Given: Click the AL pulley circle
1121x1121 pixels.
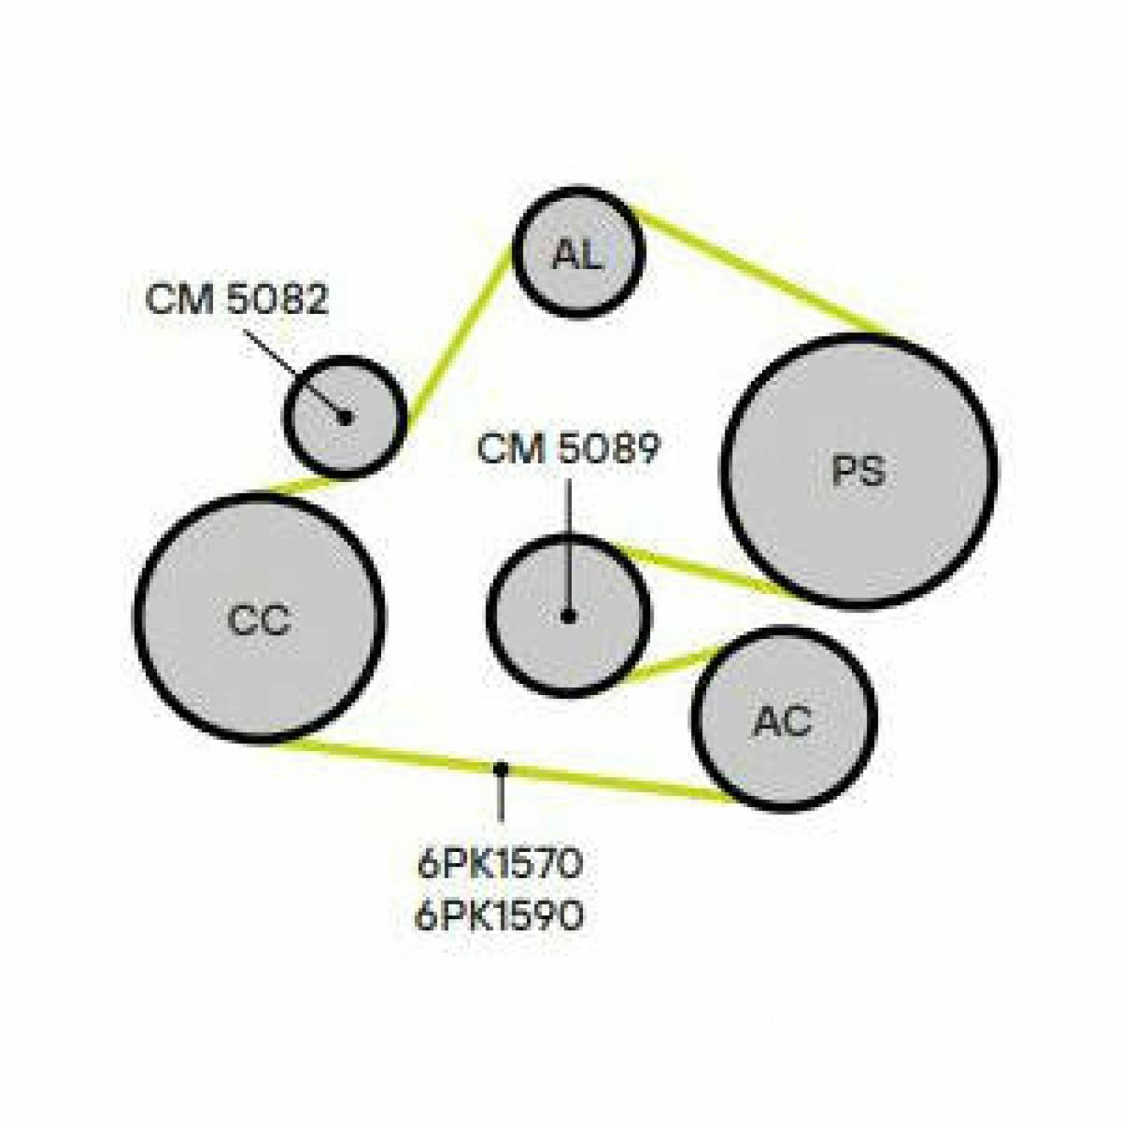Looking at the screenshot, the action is [x=579, y=252].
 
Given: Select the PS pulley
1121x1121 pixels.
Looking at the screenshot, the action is [x=859, y=471].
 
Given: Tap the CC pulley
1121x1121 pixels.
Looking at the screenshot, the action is [x=260, y=618].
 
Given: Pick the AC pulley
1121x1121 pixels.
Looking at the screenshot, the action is [x=783, y=720].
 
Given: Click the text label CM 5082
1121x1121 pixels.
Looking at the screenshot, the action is [x=236, y=298].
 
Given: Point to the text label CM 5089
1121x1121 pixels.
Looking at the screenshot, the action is [x=569, y=449].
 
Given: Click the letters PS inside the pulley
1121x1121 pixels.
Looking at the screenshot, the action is [x=859, y=471].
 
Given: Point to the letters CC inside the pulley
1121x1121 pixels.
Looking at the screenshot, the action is [x=259, y=619].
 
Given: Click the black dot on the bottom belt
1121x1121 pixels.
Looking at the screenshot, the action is [x=501, y=769].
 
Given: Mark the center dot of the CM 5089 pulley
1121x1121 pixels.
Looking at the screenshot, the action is [x=568, y=616].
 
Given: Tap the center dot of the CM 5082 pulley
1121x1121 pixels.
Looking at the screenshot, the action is [x=345, y=417].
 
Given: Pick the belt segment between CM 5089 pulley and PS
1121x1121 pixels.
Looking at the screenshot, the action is [x=705, y=569].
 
